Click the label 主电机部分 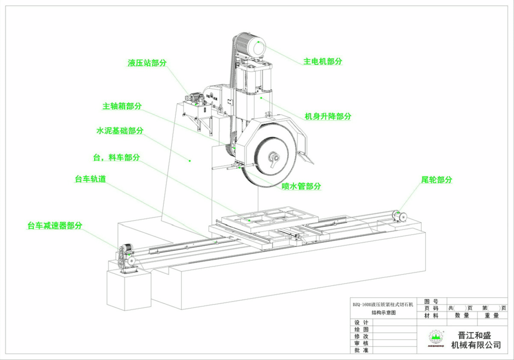pyautogui.click(x=323, y=61)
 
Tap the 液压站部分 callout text pyautogui.click(x=147, y=63)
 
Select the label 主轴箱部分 pyautogui.click(x=122, y=106)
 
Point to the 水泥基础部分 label pyautogui.click(x=120, y=131)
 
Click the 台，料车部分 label pyautogui.click(x=117, y=158)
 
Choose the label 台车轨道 pyautogui.click(x=90, y=179)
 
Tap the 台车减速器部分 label pyautogui.click(x=55, y=225)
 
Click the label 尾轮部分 pyautogui.click(x=436, y=180)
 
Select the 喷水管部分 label pyautogui.click(x=302, y=186)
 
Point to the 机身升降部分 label pyautogui.click(x=328, y=116)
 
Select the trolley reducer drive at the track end pyautogui.click(x=126, y=257)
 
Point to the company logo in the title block pyautogui.click(x=436, y=338)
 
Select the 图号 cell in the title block pyautogui.click(x=432, y=301)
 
